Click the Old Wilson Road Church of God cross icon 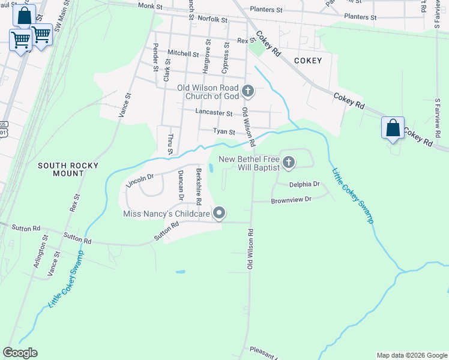point(248,92)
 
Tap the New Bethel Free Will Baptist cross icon point(289,162)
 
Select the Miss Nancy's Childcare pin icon point(220,213)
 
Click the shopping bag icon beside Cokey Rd point(393,128)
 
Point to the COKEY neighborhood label point(308,61)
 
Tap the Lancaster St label point(214,112)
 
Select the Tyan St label point(224,132)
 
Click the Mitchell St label point(183,53)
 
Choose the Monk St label point(150,5)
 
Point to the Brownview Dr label point(291,200)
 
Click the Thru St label point(170,145)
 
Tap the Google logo point(20,353)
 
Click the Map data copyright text point(411,355)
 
